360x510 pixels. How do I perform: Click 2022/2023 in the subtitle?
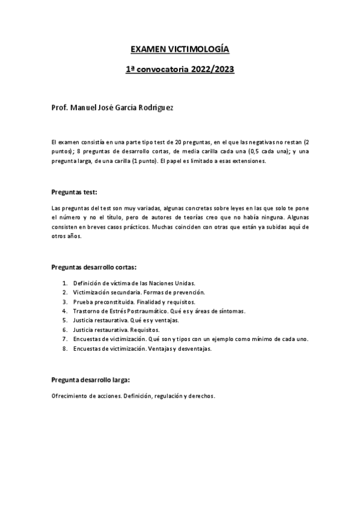click(212, 70)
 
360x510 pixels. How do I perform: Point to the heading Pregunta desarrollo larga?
click(91, 381)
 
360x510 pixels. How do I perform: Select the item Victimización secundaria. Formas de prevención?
click(139, 292)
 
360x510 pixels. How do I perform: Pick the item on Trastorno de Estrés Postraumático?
click(159, 311)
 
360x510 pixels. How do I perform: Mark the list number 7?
click(64, 339)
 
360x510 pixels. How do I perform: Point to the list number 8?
click(64, 348)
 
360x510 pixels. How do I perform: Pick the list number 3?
click(64, 301)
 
